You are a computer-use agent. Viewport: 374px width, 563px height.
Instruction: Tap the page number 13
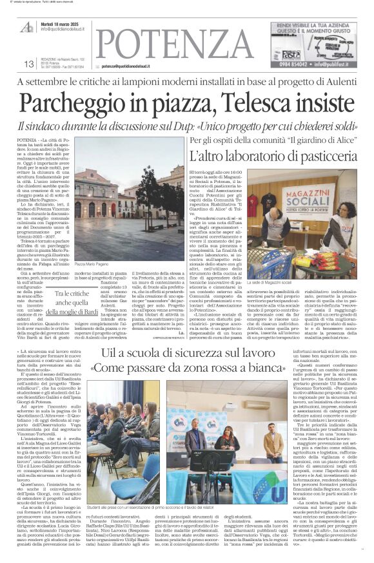click(28, 64)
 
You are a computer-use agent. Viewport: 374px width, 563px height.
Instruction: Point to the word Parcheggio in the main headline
click(75, 101)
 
